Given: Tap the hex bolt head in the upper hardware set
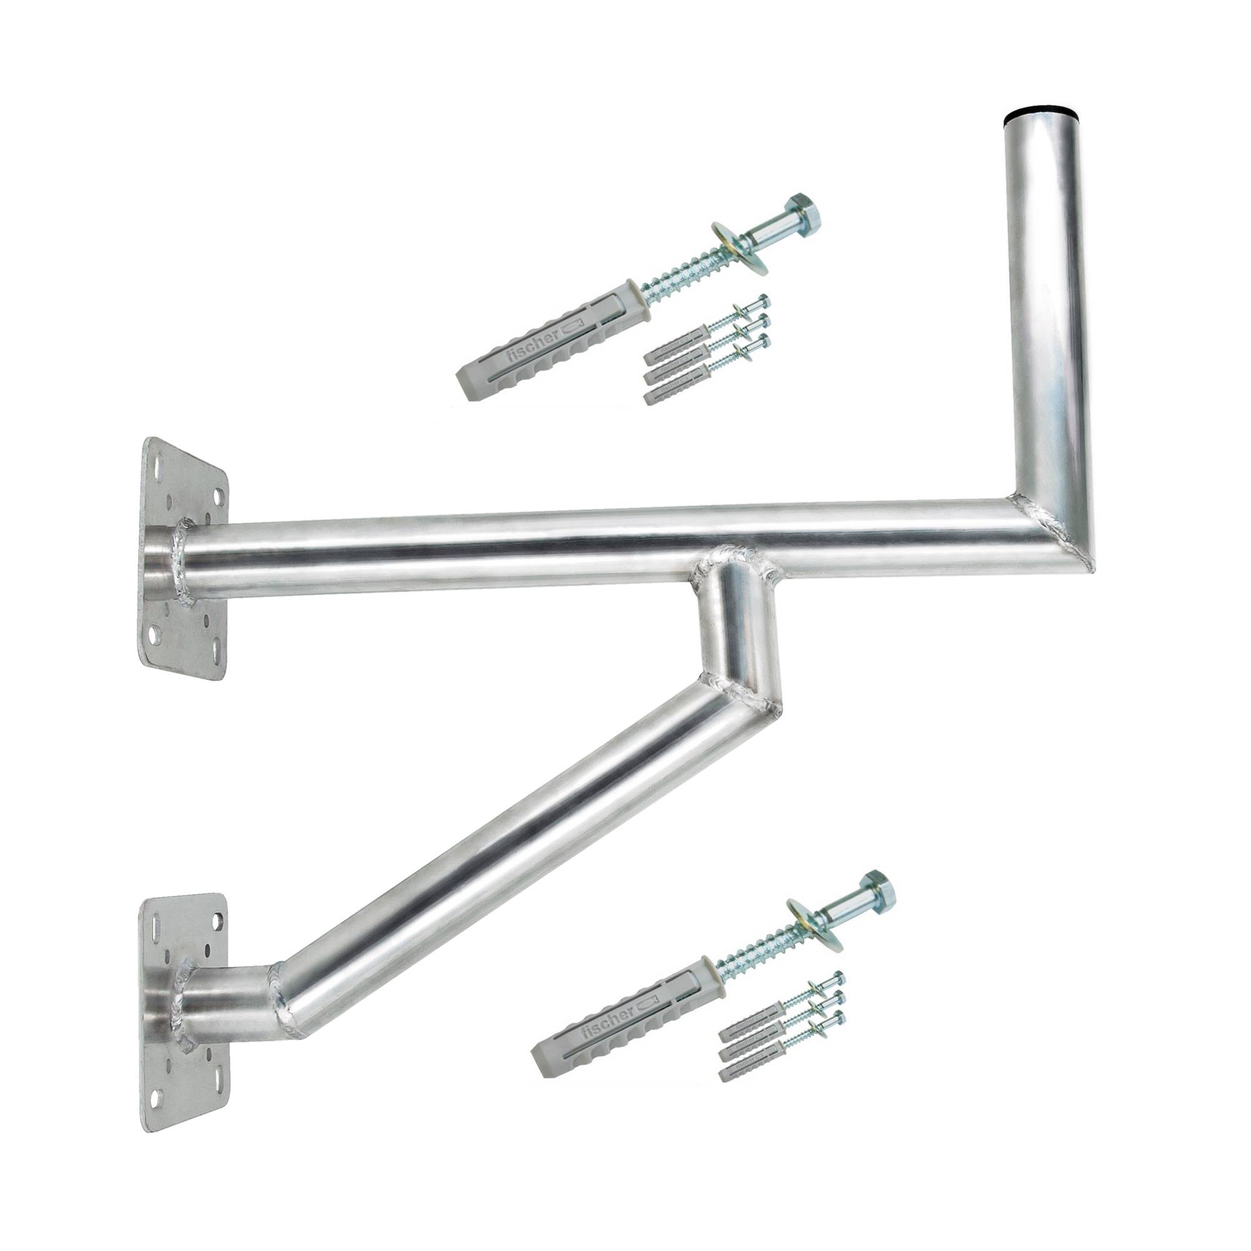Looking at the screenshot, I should coord(805,210).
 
